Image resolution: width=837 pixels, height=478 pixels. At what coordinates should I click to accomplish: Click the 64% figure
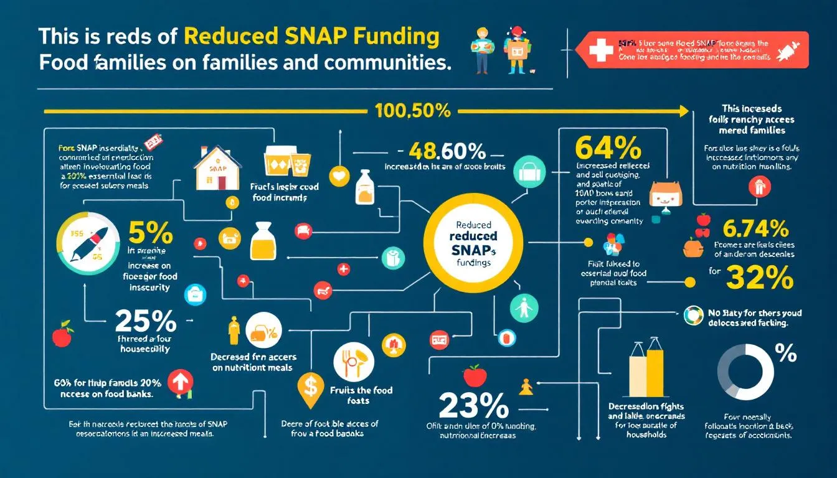point(608,149)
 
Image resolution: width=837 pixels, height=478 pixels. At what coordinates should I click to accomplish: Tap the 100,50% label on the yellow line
point(413,111)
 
